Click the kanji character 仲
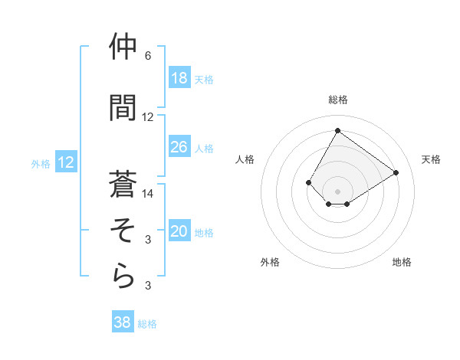click(123, 48)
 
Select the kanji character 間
click(123, 109)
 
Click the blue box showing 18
click(179, 78)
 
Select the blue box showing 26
click(179, 147)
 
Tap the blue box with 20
click(179, 232)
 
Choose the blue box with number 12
click(65, 162)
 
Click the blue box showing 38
click(123, 322)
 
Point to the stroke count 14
click(148, 194)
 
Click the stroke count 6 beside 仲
click(148, 57)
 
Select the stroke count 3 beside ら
click(148, 286)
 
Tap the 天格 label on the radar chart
click(431, 159)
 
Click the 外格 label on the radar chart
click(270, 262)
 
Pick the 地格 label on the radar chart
click(402, 262)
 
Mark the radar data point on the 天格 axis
click(396, 172)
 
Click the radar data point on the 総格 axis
click(337, 130)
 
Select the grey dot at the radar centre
click(337, 191)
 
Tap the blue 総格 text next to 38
click(147, 324)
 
